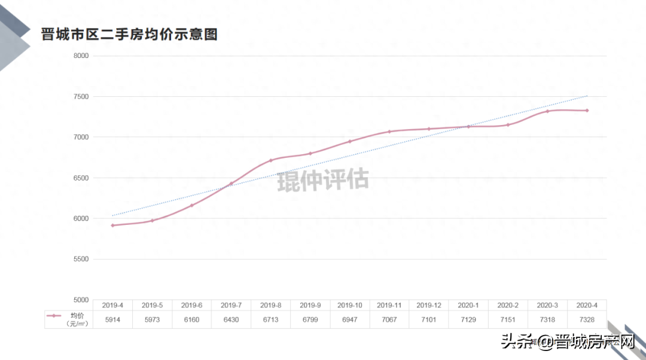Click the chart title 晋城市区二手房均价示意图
pos(129,34)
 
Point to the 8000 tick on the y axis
pos(80,56)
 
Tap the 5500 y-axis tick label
pos(80,259)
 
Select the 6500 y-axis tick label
pos(80,178)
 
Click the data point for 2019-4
pos(112,225)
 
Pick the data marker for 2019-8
pos(271,160)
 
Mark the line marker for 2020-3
pos(547,111)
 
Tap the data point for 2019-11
pos(389,132)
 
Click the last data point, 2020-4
pos(587,111)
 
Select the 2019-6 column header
pos(191,306)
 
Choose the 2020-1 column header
pos(468,306)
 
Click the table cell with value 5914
pos(112,320)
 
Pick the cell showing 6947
pos(350,320)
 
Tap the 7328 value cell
pos(587,320)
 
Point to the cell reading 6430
pos(231,320)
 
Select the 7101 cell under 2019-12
pos(429,320)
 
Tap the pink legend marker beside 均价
pos(54,316)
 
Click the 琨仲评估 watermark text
pos(323,179)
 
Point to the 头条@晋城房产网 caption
pos(567,341)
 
